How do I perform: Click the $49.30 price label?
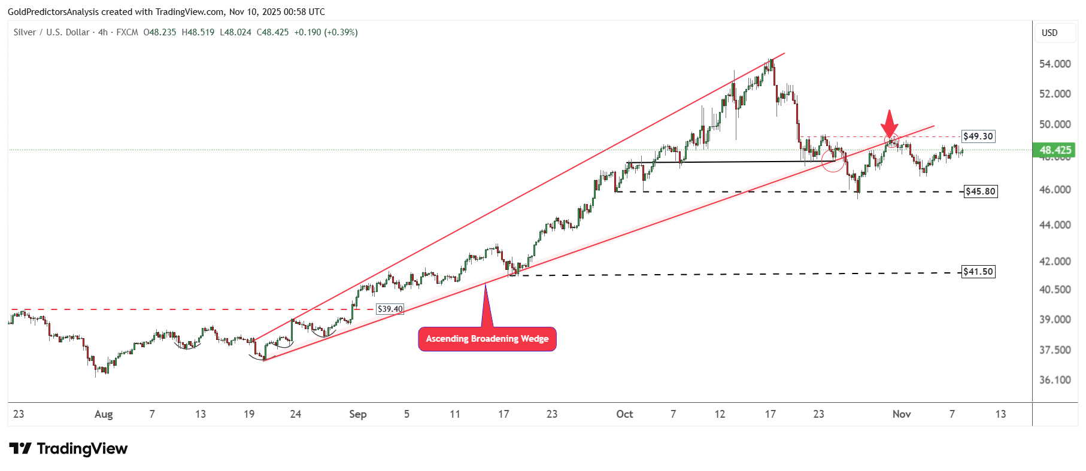tap(978, 136)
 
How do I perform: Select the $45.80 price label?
tap(981, 192)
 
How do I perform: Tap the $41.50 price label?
tap(978, 272)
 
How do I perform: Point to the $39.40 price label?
tap(390, 309)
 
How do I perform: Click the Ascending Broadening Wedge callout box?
tap(487, 339)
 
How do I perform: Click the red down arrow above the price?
tap(890, 123)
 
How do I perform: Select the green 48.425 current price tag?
tap(1055, 150)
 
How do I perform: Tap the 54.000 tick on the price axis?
tap(1054, 64)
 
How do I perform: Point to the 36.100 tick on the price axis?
tap(1054, 380)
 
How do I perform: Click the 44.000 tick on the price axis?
tap(1054, 225)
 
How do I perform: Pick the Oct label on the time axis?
tap(624, 414)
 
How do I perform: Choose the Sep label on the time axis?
tap(357, 414)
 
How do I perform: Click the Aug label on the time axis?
tap(104, 414)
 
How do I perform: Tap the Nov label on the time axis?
tap(901, 414)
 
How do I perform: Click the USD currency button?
tap(1049, 33)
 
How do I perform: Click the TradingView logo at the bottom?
tap(68, 449)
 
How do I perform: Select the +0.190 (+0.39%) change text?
tap(326, 32)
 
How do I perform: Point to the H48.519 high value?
tap(198, 32)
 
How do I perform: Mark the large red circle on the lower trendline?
tap(833, 160)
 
